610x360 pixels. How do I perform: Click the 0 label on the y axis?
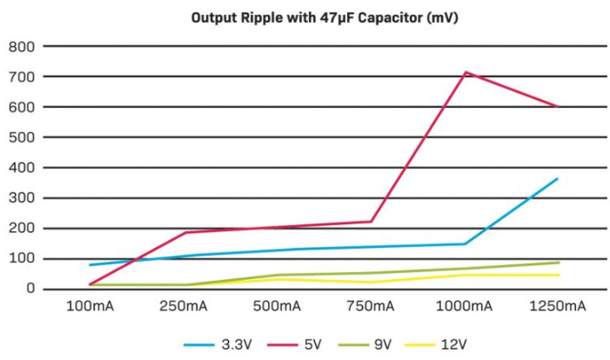[x=30, y=289]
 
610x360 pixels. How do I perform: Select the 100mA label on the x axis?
[x=90, y=307]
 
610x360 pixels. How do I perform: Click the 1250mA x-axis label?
[x=557, y=307]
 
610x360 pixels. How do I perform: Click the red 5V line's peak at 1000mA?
[x=465, y=72]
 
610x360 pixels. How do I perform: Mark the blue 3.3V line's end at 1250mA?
[x=557, y=179]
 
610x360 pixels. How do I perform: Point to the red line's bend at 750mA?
[x=372, y=221]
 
